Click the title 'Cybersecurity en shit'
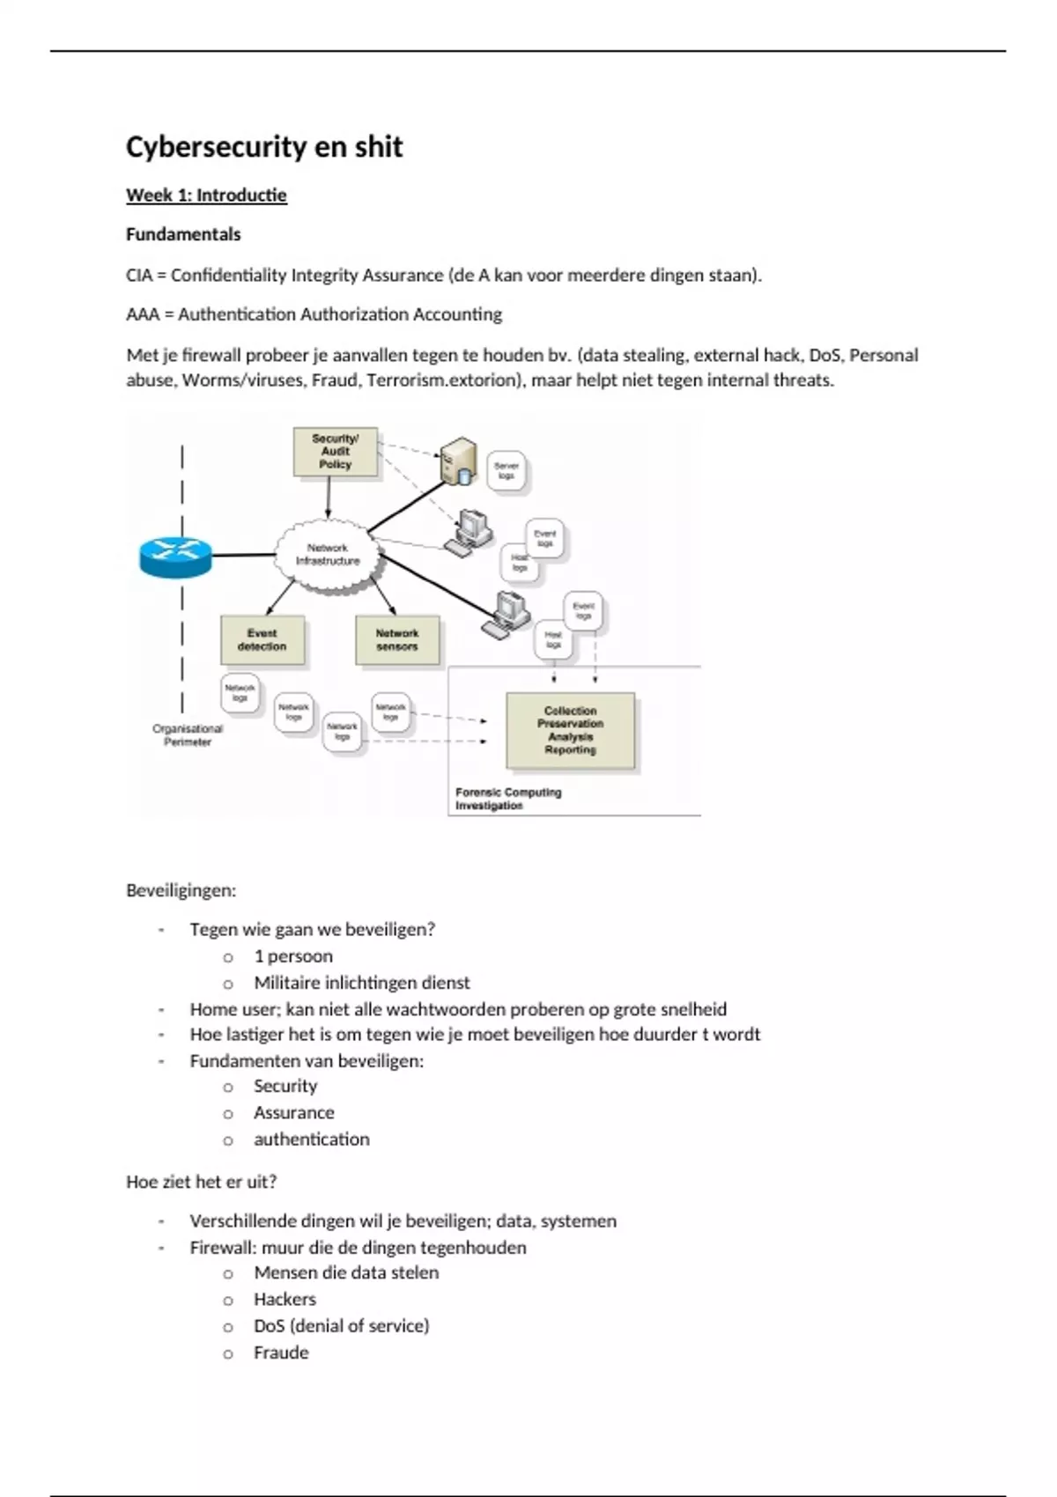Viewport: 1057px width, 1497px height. tap(264, 146)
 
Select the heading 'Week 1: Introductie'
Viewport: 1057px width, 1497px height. tap(206, 195)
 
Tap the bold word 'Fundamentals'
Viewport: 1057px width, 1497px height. tap(183, 234)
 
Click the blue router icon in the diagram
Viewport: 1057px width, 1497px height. tap(176, 556)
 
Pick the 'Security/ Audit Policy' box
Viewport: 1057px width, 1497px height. tap(336, 452)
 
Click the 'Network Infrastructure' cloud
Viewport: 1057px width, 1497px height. tap(329, 555)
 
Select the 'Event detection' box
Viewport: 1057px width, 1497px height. tap(262, 640)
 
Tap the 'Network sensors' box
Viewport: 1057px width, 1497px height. tap(397, 640)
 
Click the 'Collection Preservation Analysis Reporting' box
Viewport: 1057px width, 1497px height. tap(571, 731)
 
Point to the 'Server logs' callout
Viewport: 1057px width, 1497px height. tap(506, 471)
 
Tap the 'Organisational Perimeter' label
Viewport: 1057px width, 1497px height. tap(188, 735)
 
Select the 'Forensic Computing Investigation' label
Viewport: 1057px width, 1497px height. tap(508, 799)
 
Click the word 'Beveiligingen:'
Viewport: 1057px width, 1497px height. tap(181, 890)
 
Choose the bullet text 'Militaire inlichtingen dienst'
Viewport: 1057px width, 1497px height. tap(362, 983)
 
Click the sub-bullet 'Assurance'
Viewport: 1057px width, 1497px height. tap(294, 1113)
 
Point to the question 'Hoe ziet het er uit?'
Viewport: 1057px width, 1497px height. tap(202, 1182)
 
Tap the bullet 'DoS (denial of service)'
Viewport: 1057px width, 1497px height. tap(342, 1326)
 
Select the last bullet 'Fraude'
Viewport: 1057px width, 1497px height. tap(282, 1353)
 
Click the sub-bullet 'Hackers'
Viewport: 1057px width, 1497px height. tap(285, 1300)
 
